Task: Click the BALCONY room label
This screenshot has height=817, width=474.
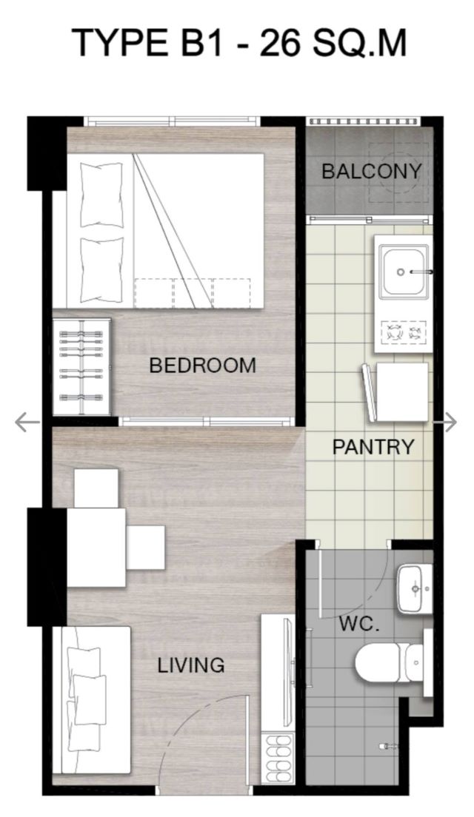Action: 371,172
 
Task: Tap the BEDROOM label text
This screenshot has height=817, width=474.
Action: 202,366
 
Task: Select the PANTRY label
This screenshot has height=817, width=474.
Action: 373,446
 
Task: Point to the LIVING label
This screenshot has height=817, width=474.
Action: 191,665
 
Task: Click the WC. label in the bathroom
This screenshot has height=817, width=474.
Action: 359,624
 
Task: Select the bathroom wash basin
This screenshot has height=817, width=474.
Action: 415,589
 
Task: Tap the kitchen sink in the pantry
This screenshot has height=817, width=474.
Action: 404,272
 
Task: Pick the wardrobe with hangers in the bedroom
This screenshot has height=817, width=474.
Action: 82,367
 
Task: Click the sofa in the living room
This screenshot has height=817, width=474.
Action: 96,701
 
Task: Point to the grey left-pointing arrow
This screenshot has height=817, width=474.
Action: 27,422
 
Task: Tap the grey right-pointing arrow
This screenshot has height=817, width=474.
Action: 450,423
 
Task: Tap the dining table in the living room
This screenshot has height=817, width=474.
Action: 96,547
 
